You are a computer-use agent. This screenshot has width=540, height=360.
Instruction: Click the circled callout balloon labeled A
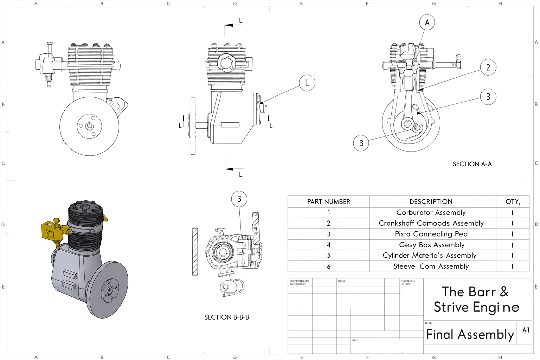coord(427,22)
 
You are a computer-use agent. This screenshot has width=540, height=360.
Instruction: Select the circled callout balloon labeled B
coord(361,143)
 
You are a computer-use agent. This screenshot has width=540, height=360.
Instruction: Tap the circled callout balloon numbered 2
coord(488,67)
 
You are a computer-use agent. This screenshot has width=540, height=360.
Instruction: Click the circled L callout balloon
coord(307,83)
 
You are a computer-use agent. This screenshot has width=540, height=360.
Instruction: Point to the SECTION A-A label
coord(472,164)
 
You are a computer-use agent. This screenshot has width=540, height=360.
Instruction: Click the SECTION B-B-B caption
coord(226,317)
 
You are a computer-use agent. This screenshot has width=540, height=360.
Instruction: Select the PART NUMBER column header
coord(329,202)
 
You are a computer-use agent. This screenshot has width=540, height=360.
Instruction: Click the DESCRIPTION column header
coord(431,202)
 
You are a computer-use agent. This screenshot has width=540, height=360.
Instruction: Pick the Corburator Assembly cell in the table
coord(431,213)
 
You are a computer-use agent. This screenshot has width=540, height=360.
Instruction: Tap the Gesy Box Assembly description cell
coord(432,245)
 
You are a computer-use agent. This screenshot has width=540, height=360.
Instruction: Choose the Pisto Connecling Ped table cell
coord(431,234)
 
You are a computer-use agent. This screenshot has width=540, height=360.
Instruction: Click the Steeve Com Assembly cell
coord(431,266)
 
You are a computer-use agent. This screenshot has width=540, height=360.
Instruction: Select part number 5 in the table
coord(329,256)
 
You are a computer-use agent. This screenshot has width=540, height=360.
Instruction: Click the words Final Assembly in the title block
coord(470,334)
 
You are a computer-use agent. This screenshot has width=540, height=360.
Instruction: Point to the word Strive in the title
coord(451,307)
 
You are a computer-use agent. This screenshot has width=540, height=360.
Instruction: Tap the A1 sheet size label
coord(526,330)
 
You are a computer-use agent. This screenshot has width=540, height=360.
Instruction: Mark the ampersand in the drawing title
coord(504,292)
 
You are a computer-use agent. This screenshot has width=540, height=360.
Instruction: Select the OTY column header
coord(513,202)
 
